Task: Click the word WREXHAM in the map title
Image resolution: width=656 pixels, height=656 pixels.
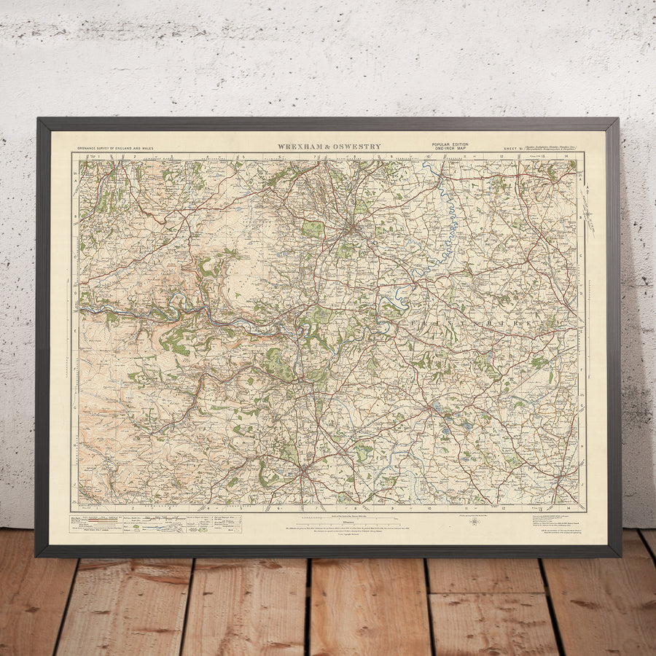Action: [300, 147]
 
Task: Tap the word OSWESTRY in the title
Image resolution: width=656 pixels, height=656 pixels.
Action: [356, 147]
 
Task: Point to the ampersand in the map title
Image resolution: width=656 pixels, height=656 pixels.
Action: [327, 147]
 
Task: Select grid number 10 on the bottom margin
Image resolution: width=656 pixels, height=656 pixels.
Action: [429, 507]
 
